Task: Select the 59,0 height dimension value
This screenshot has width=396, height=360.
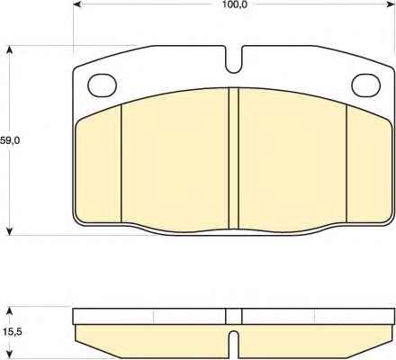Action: pos(10,140)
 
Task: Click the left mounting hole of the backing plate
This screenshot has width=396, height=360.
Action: pos(102,85)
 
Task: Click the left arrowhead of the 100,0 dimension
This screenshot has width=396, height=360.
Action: pos(77,4)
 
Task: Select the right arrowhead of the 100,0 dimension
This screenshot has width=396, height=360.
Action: pos(390,4)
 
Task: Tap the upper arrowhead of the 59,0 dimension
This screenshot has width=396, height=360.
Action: pos(10,50)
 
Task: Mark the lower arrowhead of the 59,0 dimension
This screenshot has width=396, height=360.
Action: pos(10,230)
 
